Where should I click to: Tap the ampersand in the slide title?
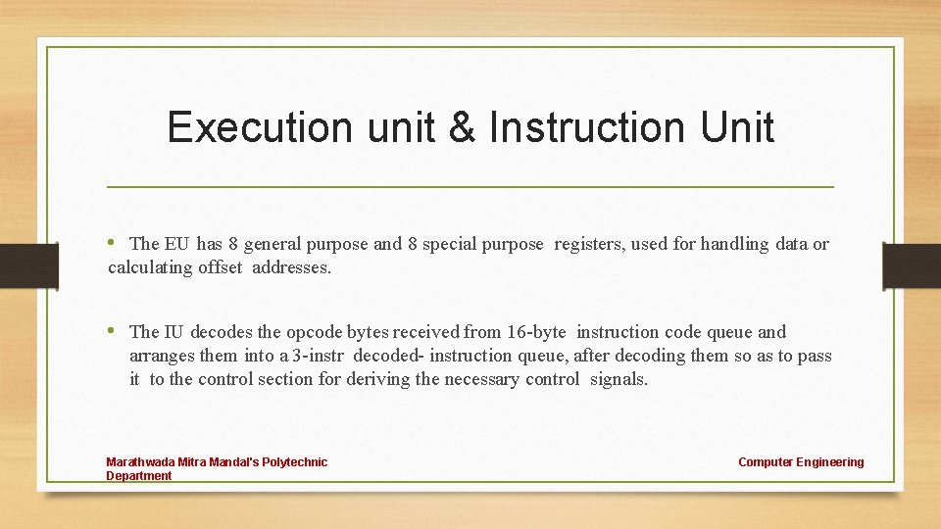point(462,127)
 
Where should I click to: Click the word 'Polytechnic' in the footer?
point(295,462)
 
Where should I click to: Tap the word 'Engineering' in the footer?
point(830,462)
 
